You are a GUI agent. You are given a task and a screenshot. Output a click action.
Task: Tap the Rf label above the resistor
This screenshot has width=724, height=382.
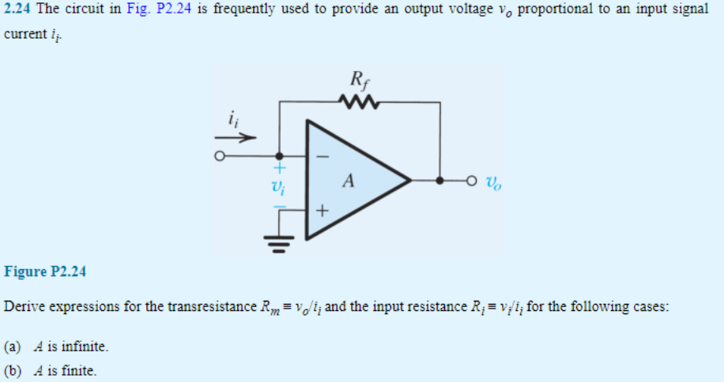click(x=357, y=81)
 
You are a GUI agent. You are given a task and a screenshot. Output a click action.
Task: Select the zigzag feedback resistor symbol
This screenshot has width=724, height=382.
click(x=359, y=102)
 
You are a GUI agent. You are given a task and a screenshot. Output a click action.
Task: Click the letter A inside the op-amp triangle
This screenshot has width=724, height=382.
click(x=348, y=181)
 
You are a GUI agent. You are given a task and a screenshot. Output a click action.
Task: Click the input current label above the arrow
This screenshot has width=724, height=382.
click(x=232, y=120)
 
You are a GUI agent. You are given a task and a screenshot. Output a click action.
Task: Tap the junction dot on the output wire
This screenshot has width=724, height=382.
click(x=440, y=181)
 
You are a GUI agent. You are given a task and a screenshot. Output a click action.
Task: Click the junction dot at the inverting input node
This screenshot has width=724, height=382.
click(x=278, y=156)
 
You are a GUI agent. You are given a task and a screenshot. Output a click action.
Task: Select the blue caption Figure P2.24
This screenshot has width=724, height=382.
click(x=45, y=272)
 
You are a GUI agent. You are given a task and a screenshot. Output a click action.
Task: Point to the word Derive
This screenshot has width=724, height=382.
click(x=23, y=306)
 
